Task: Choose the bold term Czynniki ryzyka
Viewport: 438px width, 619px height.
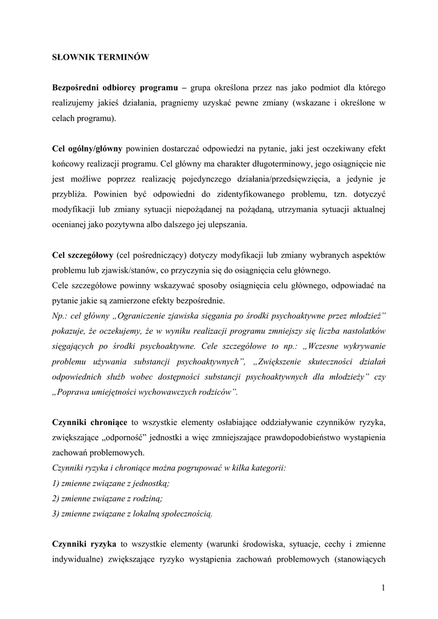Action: point(85,543)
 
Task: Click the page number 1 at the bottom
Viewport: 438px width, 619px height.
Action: point(384,588)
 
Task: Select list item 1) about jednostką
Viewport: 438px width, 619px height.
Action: point(111,483)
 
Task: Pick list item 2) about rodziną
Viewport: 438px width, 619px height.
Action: point(108,498)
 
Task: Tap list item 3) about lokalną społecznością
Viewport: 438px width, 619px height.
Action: point(132,513)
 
